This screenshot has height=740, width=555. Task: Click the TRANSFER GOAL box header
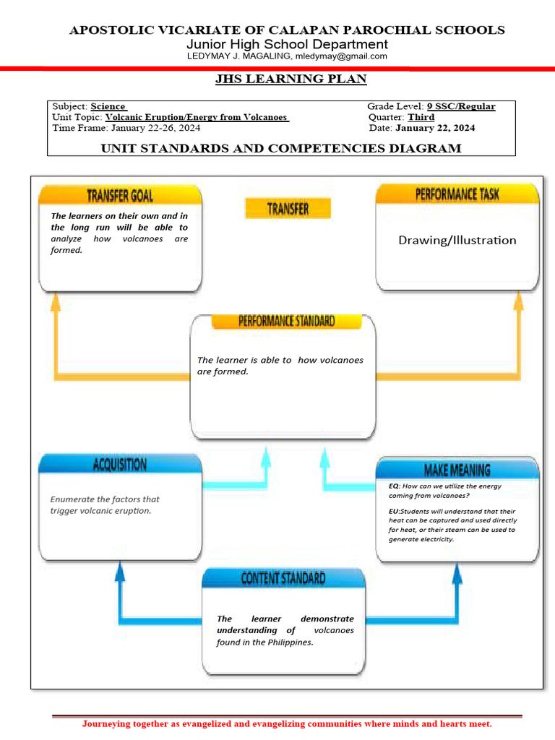pyautogui.click(x=120, y=195)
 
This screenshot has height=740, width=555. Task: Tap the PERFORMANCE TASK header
pyautogui.click(x=457, y=194)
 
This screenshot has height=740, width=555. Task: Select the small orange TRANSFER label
pyautogui.click(x=288, y=209)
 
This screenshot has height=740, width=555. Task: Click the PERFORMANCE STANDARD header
pyautogui.click(x=286, y=322)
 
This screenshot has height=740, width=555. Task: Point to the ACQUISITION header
pyautogui.click(x=120, y=465)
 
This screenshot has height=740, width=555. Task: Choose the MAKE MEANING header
pyautogui.click(x=457, y=470)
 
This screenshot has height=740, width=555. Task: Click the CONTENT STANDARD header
pyautogui.click(x=283, y=578)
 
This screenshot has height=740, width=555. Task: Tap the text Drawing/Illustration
pyautogui.click(x=457, y=240)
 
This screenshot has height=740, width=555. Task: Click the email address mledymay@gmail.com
pyautogui.click(x=341, y=56)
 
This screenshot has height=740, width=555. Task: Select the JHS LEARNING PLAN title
pyautogui.click(x=291, y=79)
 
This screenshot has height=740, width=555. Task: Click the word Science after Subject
pyautogui.click(x=108, y=106)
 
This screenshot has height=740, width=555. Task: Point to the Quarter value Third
pyautogui.click(x=421, y=117)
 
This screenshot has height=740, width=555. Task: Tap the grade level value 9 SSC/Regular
pyautogui.click(x=461, y=106)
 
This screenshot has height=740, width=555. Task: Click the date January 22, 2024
pyautogui.click(x=435, y=128)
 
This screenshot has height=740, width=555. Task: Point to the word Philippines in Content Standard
pyautogui.click(x=288, y=642)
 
